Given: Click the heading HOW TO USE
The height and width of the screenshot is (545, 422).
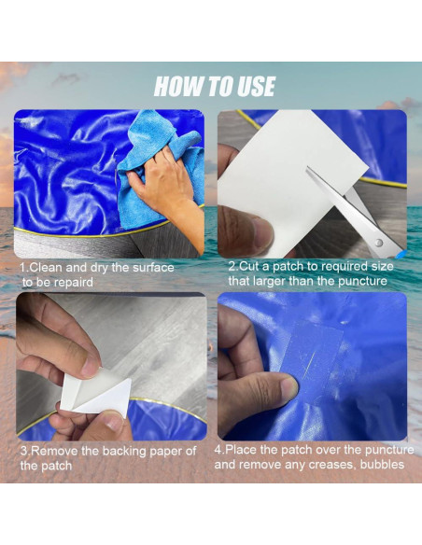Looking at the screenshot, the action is click(x=215, y=86).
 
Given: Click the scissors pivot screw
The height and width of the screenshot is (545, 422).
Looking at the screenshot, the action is click(x=378, y=243).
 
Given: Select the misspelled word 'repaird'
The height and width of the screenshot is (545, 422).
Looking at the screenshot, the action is click(x=74, y=282).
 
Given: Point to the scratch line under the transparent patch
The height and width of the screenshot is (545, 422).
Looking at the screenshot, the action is click(x=309, y=365).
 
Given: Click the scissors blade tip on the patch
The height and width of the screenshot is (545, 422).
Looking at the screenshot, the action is click(x=307, y=169).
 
